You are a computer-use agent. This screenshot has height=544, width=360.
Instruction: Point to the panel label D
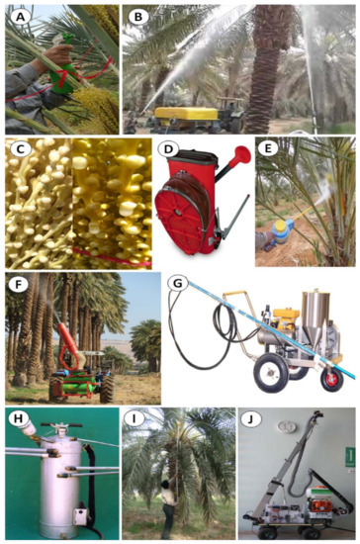169,151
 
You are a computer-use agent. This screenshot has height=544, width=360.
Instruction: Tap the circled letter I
135,417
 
